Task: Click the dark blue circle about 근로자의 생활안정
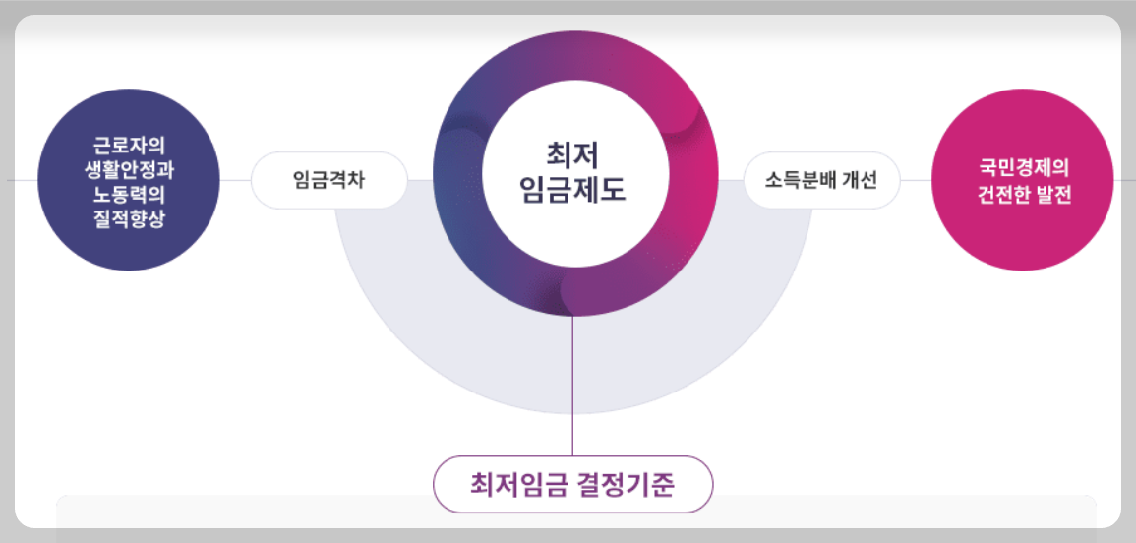coord(128,180)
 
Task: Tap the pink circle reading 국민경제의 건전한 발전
coord(1021,180)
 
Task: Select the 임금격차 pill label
coord(329,181)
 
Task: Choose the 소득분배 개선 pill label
coord(821,181)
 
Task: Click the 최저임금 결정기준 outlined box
coord(572,484)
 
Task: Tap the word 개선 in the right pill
coord(857,181)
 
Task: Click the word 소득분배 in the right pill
coord(799,181)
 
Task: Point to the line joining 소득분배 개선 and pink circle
coord(916,181)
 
